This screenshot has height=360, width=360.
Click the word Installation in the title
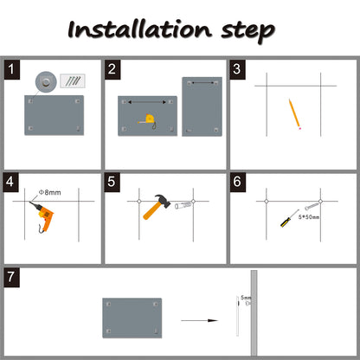139,29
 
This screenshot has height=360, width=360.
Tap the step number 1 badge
12,69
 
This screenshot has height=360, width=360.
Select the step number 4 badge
10,183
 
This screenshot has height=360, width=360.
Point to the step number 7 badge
11,277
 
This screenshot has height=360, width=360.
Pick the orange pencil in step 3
295,114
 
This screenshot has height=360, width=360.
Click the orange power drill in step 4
42,215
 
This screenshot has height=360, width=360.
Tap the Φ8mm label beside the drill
50,192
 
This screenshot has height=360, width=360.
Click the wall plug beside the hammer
183,205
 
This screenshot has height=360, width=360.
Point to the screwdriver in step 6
289,219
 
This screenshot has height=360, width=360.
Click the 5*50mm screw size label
309,217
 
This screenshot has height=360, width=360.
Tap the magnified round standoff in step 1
46,82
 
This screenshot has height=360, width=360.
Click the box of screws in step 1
73,81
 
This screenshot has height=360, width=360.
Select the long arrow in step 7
199,320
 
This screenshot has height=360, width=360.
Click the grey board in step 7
132,318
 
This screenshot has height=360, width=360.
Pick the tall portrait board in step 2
202,106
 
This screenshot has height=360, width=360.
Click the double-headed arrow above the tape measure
147,102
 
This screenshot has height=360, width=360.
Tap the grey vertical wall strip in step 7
254,313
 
